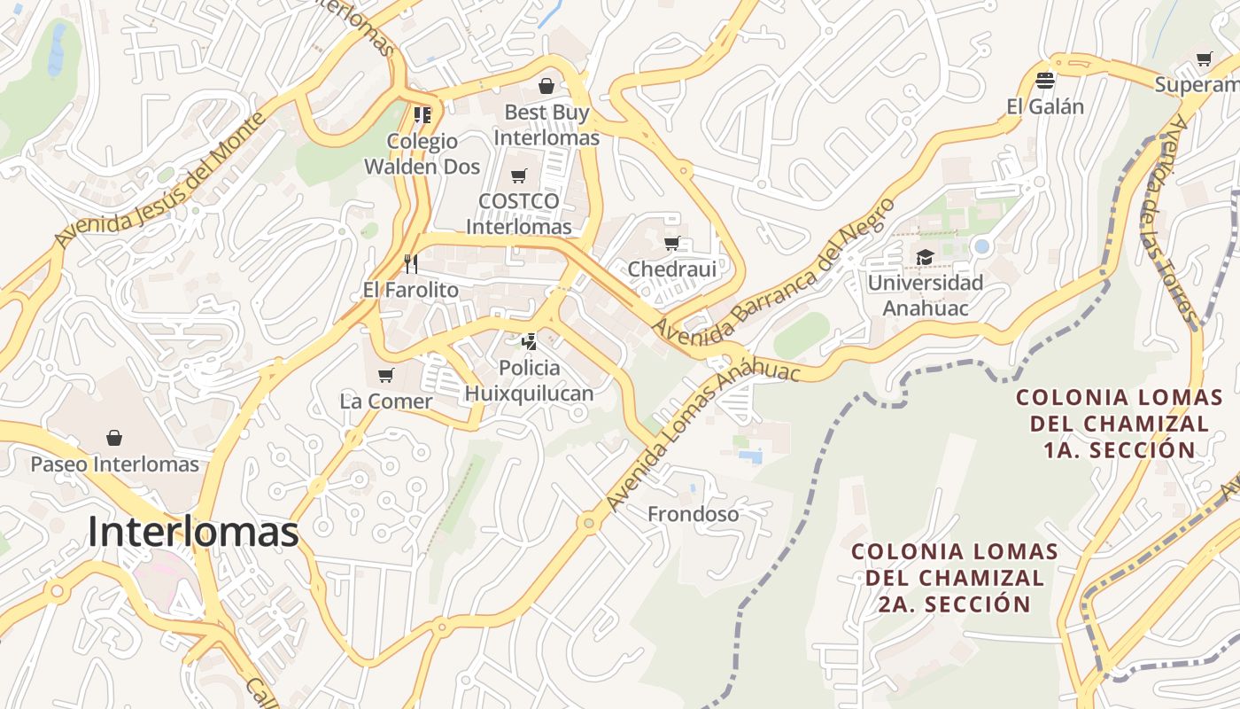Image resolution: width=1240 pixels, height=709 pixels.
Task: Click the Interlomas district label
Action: (193, 532)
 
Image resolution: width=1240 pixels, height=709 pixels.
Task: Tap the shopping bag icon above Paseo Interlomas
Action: (114, 438)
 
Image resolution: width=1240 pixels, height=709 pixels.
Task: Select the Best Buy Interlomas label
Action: (546, 125)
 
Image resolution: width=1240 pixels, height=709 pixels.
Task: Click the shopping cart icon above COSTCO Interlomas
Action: (518, 175)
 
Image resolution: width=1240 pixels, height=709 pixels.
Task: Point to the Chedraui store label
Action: (671, 268)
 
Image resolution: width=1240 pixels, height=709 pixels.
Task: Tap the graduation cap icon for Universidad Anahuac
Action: (925, 258)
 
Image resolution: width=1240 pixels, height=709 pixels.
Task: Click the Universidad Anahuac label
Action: (925, 295)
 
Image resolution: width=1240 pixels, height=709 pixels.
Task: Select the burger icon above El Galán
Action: (1045, 81)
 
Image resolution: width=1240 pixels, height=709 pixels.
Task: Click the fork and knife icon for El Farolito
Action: (410, 263)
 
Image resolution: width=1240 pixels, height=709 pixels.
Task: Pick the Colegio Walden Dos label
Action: (422, 153)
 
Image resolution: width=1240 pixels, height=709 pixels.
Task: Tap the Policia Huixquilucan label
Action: (529, 380)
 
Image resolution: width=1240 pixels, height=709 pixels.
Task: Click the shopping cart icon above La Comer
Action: (385, 376)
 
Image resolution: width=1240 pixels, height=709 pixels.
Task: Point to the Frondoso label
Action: (693, 514)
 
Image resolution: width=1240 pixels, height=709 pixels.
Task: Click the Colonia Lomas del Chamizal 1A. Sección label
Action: (1119, 423)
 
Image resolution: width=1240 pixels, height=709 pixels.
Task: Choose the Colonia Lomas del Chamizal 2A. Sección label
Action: (954, 578)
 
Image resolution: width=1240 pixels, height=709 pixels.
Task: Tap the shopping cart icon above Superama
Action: (1204, 59)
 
